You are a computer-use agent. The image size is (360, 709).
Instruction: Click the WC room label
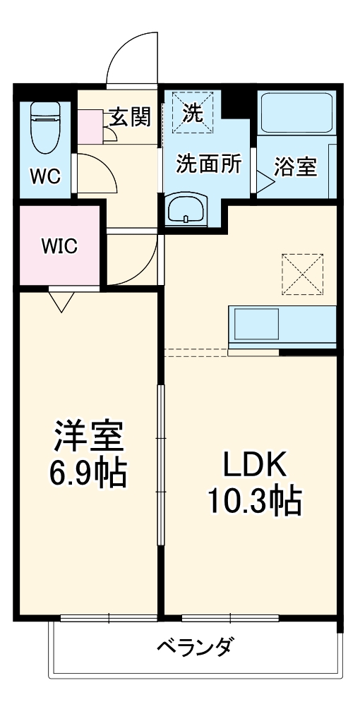coord(44,175)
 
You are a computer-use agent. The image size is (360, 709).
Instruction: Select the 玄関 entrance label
coord(130,117)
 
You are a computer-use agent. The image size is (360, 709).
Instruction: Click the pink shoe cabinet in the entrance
coord(90,127)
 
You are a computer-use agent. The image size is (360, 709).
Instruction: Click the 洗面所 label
coord(209,164)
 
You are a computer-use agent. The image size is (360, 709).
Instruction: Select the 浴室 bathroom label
coord(295,166)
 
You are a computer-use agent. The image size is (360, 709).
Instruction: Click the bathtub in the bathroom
coord(296,112)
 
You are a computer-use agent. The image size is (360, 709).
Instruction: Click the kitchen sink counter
coord(282,326)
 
